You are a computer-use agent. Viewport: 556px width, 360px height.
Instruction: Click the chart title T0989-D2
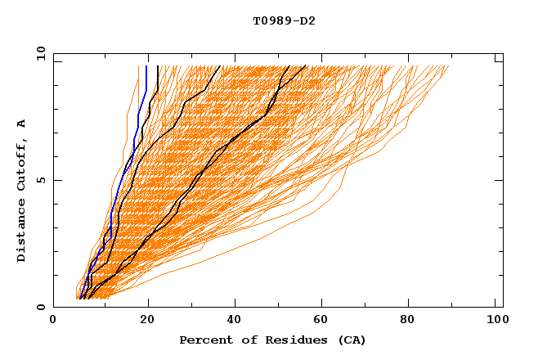284,20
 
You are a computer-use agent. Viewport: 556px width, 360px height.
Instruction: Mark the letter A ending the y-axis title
22,124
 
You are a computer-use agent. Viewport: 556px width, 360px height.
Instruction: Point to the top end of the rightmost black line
306,66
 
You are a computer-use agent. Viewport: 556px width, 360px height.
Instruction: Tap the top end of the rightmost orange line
449,66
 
